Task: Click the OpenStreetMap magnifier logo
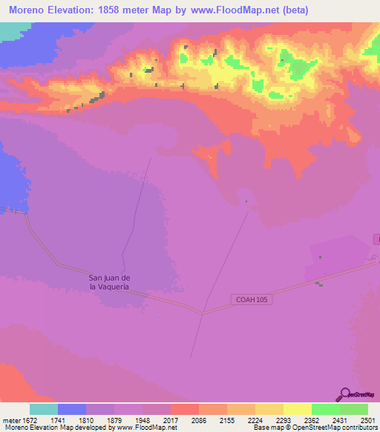tap(344, 394)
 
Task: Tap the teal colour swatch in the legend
tap(43, 409)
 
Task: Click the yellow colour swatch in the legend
tap(297, 409)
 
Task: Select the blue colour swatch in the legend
tap(71, 409)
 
